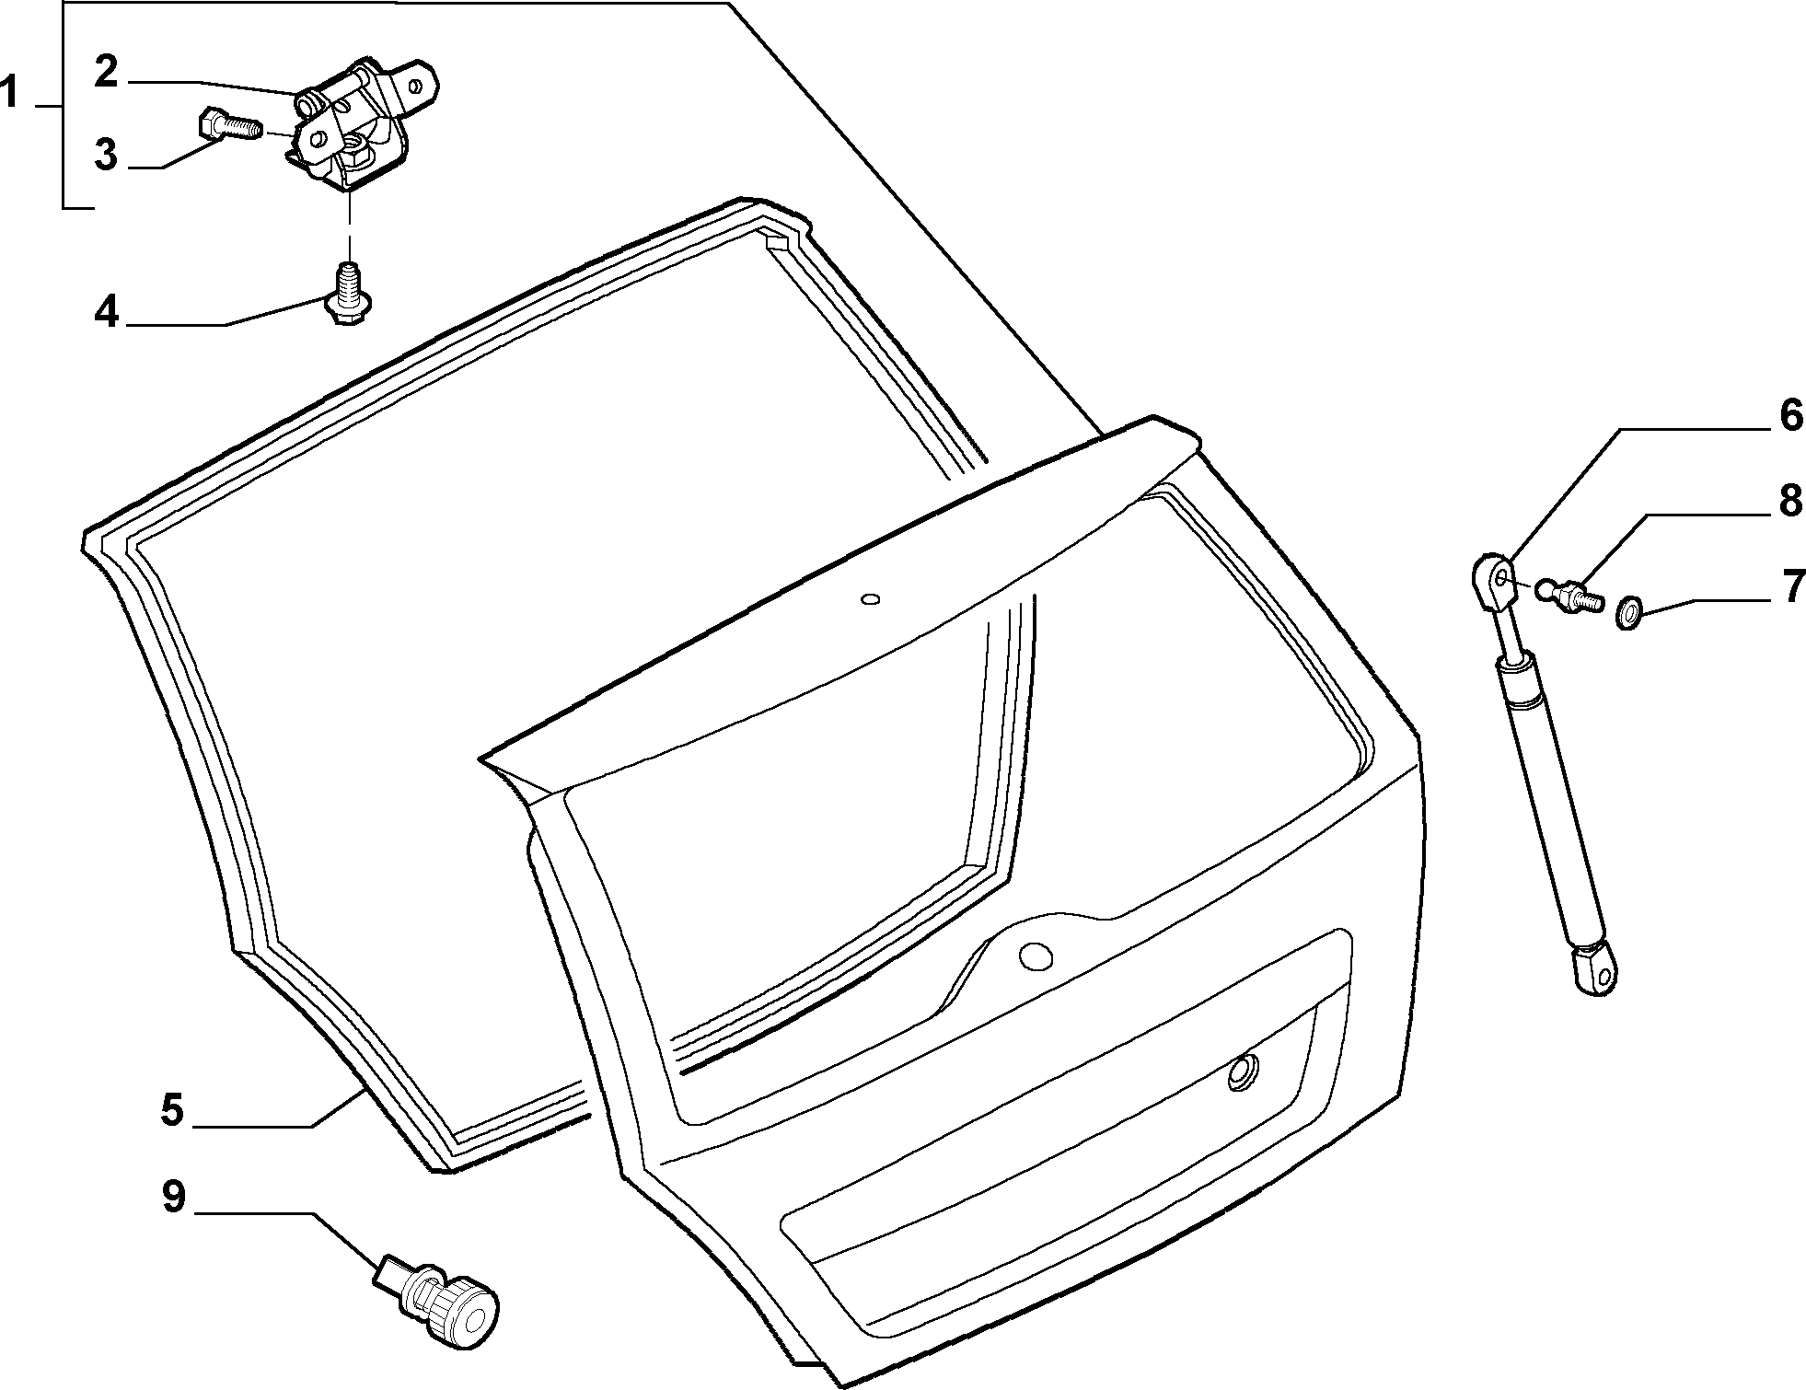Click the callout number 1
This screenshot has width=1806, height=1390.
pos(10,94)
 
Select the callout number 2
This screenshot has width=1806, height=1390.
pos(107,71)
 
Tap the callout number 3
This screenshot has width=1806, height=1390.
pos(107,154)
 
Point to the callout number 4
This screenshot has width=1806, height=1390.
pos(107,312)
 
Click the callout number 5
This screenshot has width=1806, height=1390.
pos(172,1110)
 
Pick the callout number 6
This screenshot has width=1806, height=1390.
pos(1790,415)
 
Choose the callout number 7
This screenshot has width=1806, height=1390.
pos(1791,587)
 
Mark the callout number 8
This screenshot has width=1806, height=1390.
pos(1790,503)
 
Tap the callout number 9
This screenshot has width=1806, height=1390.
pos(173,1198)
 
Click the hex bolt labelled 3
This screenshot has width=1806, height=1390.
pos(230,125)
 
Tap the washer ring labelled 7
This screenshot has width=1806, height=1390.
pos(1629,609)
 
